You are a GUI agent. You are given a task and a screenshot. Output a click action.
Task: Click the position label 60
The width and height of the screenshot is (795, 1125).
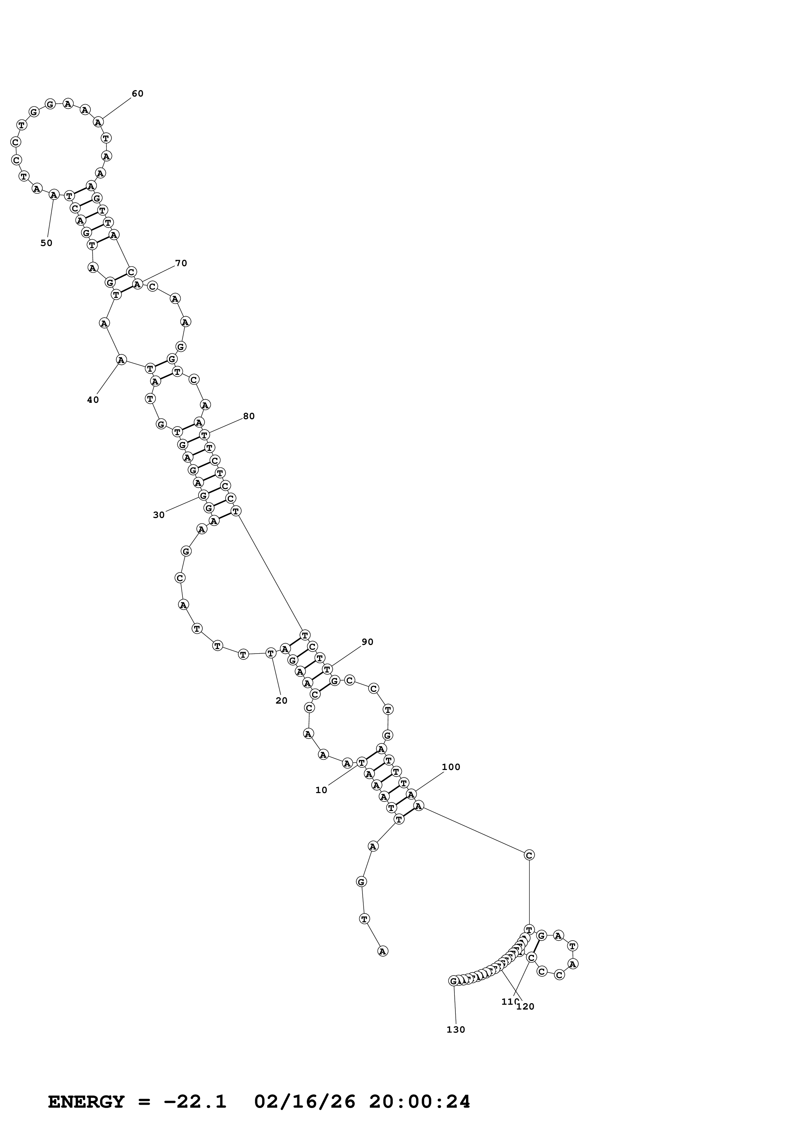[137, 94]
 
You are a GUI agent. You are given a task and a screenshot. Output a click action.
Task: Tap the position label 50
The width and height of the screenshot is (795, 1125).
[46, 243]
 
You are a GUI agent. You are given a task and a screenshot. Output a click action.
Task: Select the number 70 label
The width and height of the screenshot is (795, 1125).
[181, 263]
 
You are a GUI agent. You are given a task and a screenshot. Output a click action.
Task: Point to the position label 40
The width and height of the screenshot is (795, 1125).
[93, 400]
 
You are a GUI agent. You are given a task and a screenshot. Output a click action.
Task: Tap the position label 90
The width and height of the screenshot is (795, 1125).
[368, 642]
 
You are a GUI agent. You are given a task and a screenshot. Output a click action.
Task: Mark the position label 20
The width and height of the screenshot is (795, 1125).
[281, 701]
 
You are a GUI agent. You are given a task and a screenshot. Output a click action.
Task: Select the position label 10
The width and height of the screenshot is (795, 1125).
[321, 790]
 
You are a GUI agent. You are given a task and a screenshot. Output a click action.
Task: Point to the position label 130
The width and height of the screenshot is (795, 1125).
[455, 1029]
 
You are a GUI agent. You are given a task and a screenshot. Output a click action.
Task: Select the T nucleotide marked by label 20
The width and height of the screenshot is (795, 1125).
[270, 653]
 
